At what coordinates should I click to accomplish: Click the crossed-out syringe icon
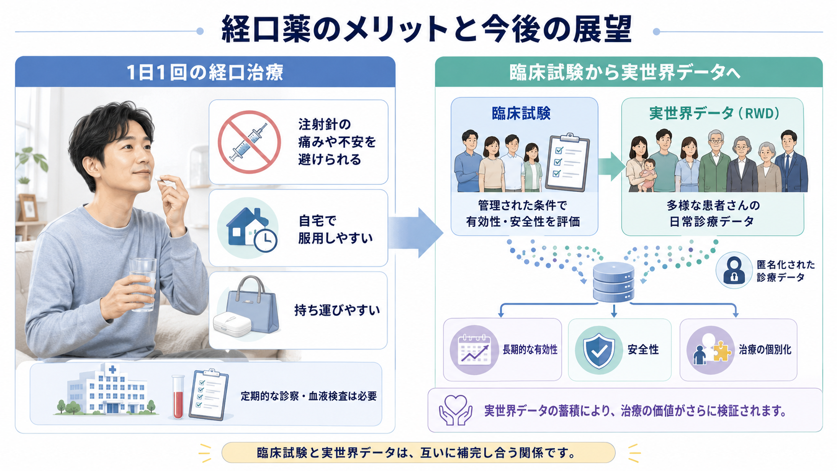click(x=249, y=142)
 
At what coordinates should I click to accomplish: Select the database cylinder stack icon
click(x=614, y=282)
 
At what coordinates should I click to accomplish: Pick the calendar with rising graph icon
click(x=474, y=350)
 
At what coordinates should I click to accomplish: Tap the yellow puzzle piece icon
click(x=722, y=351)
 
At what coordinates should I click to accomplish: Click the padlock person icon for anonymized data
click(x=734, y=270)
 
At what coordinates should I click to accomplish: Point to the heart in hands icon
click(x=456, y=410)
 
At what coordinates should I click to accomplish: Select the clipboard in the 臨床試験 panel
click(x=568, y=163)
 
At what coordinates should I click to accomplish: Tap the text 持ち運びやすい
click(x=337, y=310)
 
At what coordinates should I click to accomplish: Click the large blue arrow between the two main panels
click(x=415, y=233)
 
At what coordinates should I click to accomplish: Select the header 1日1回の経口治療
click(x=205, y=72)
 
